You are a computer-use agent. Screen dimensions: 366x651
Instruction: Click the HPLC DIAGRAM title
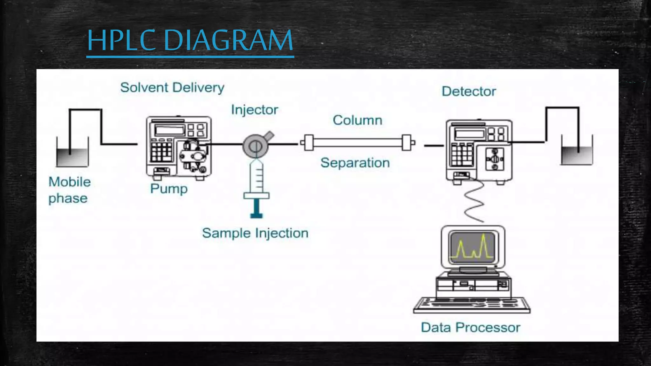click(x=190, y=40)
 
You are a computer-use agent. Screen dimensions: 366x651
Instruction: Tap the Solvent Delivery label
click(x=172, y=88)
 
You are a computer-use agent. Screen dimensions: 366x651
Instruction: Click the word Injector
click(x=254, y=110)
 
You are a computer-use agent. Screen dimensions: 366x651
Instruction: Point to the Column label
click(x=357, y=120)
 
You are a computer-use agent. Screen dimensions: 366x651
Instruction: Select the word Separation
click(x=355, y=163)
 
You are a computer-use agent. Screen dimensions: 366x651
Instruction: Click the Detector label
click(x=469, y=91)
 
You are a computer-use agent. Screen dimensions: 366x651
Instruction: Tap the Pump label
click(x=169, y=189)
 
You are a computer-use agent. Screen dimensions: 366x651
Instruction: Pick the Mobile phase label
click(x=69, y=190)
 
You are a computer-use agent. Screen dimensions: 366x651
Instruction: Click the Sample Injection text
click(x=255, y=233)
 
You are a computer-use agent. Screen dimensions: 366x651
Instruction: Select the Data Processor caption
click(x=470, y=328)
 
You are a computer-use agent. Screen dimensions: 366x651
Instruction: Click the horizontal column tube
click(x=357, y=143)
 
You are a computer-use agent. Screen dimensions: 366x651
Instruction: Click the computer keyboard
click(x=471, y=305)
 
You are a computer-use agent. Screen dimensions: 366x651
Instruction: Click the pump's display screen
click(x=169, y=130)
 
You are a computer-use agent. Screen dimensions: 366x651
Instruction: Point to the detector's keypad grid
click(x=462, y=155)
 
